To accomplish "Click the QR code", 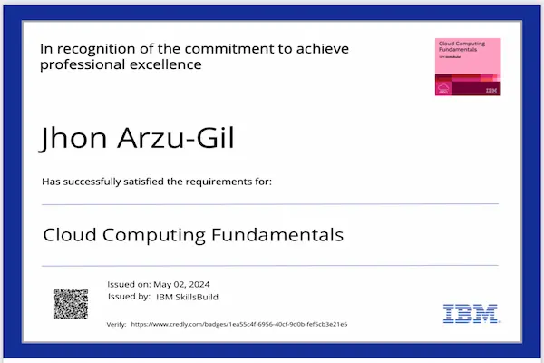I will tap(71, 304).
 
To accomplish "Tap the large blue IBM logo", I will tap(470, 314).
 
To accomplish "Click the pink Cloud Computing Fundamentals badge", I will tap(468, 67).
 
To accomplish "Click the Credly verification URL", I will tap(239, 324).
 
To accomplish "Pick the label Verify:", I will tap(116, 324).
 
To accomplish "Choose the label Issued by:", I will tap(129, 297).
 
